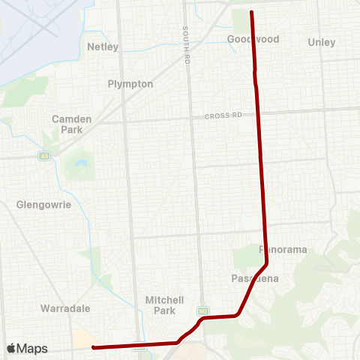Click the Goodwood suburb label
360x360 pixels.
tap(253, 39)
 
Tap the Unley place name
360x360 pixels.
tap(322, 43)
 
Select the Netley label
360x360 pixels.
tap(103, 46)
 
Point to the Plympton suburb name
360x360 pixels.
tap(130, 84)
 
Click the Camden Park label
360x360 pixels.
tap(71, 124)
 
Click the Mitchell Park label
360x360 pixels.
tap(159, 305)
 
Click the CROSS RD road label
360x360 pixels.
tap(222, 116)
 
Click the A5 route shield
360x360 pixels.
tap(45, 155)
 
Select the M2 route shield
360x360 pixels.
tap(202, 310)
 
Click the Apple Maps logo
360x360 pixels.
tap(27, 348)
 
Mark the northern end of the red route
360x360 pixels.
tap(251, 12)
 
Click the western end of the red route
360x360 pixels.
tap(93, 347)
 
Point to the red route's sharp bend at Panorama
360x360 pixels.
tap(266, 264)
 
